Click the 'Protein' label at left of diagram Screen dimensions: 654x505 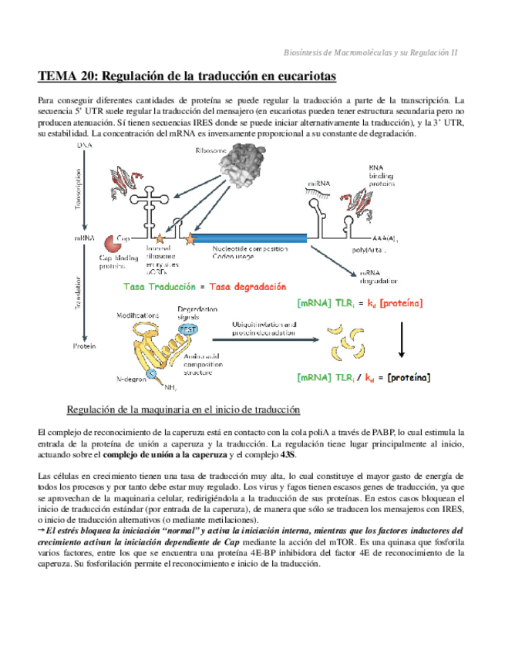pos(84,347)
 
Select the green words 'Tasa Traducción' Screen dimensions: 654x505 pos(160,286)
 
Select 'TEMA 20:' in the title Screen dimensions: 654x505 pos(67,76)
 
